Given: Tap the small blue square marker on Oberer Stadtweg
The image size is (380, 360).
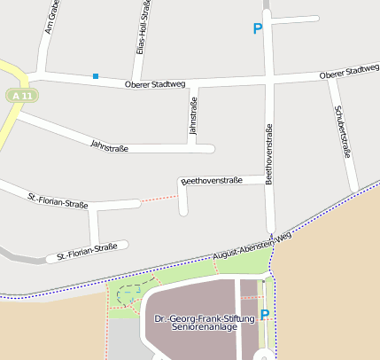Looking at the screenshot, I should (96, 76).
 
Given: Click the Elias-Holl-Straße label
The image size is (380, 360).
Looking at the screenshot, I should (143, 27).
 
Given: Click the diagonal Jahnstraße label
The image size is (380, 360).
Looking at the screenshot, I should (109, 145).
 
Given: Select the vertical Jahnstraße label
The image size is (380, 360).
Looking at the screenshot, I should (192, 117).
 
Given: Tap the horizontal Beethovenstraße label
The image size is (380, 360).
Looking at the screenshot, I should (211, 181).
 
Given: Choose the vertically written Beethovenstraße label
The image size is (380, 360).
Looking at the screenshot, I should (269, 154).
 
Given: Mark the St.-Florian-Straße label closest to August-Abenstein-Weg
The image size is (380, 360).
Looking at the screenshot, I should (87, 252).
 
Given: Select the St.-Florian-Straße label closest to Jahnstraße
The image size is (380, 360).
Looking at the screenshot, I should (58, 200).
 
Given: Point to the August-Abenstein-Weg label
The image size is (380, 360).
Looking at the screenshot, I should (252, 249).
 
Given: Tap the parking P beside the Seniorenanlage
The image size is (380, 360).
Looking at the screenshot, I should (264, 315).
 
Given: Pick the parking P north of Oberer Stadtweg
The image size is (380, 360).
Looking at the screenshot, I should (258, 29).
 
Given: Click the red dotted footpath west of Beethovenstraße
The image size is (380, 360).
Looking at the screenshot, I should (159, 198).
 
